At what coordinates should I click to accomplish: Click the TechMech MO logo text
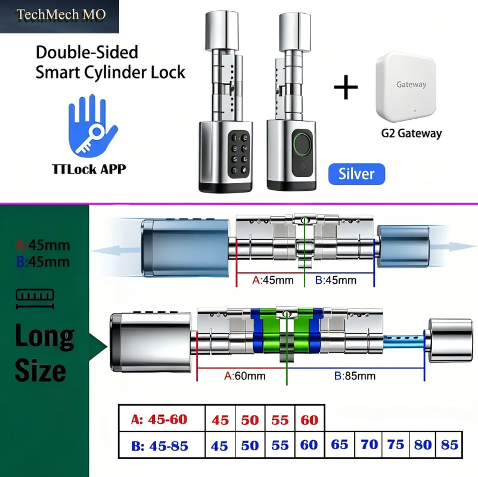pyautogui.click(x=61, y=15)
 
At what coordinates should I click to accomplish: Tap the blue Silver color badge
pyautogui.click(x=356, y=174)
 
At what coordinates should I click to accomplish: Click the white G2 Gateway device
pyautogui.click(x=406, y=87)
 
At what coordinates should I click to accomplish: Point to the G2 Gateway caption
pyautogui.click(x=411, y=134)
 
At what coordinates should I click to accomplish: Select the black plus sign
pyautogui.click(x=346, y=87)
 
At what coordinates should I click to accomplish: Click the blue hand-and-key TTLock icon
pyautogui.click(x=92, y=126)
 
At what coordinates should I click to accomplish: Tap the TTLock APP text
pyautogui.click(x=89, y=169)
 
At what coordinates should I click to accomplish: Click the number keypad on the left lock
pyautogui.click(x=239, y=154)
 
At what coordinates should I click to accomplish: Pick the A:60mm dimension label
pyautogui.click(x=245, y=376)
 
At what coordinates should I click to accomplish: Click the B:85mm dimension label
pyautogui.click(x=355, y=376)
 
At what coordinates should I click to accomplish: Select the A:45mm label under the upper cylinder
pyautogui.click(x=273, y=280)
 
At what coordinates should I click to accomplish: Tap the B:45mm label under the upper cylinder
pyautogui.click(x=336, y=280)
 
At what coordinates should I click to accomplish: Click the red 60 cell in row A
pyautogui.click(x=309, y=420)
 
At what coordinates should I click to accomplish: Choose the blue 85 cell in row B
pyautogui.click(x=449, y=445)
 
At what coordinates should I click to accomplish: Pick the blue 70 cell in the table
pyautogui.click(x=369, y=444)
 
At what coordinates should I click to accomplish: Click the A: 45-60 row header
pyautogui.click(x=159, y=419)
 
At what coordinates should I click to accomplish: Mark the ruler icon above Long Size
pyautogui.click(x=35, y=299)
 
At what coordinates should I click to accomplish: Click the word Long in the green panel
pyautogui.click(x=45, y=336)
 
